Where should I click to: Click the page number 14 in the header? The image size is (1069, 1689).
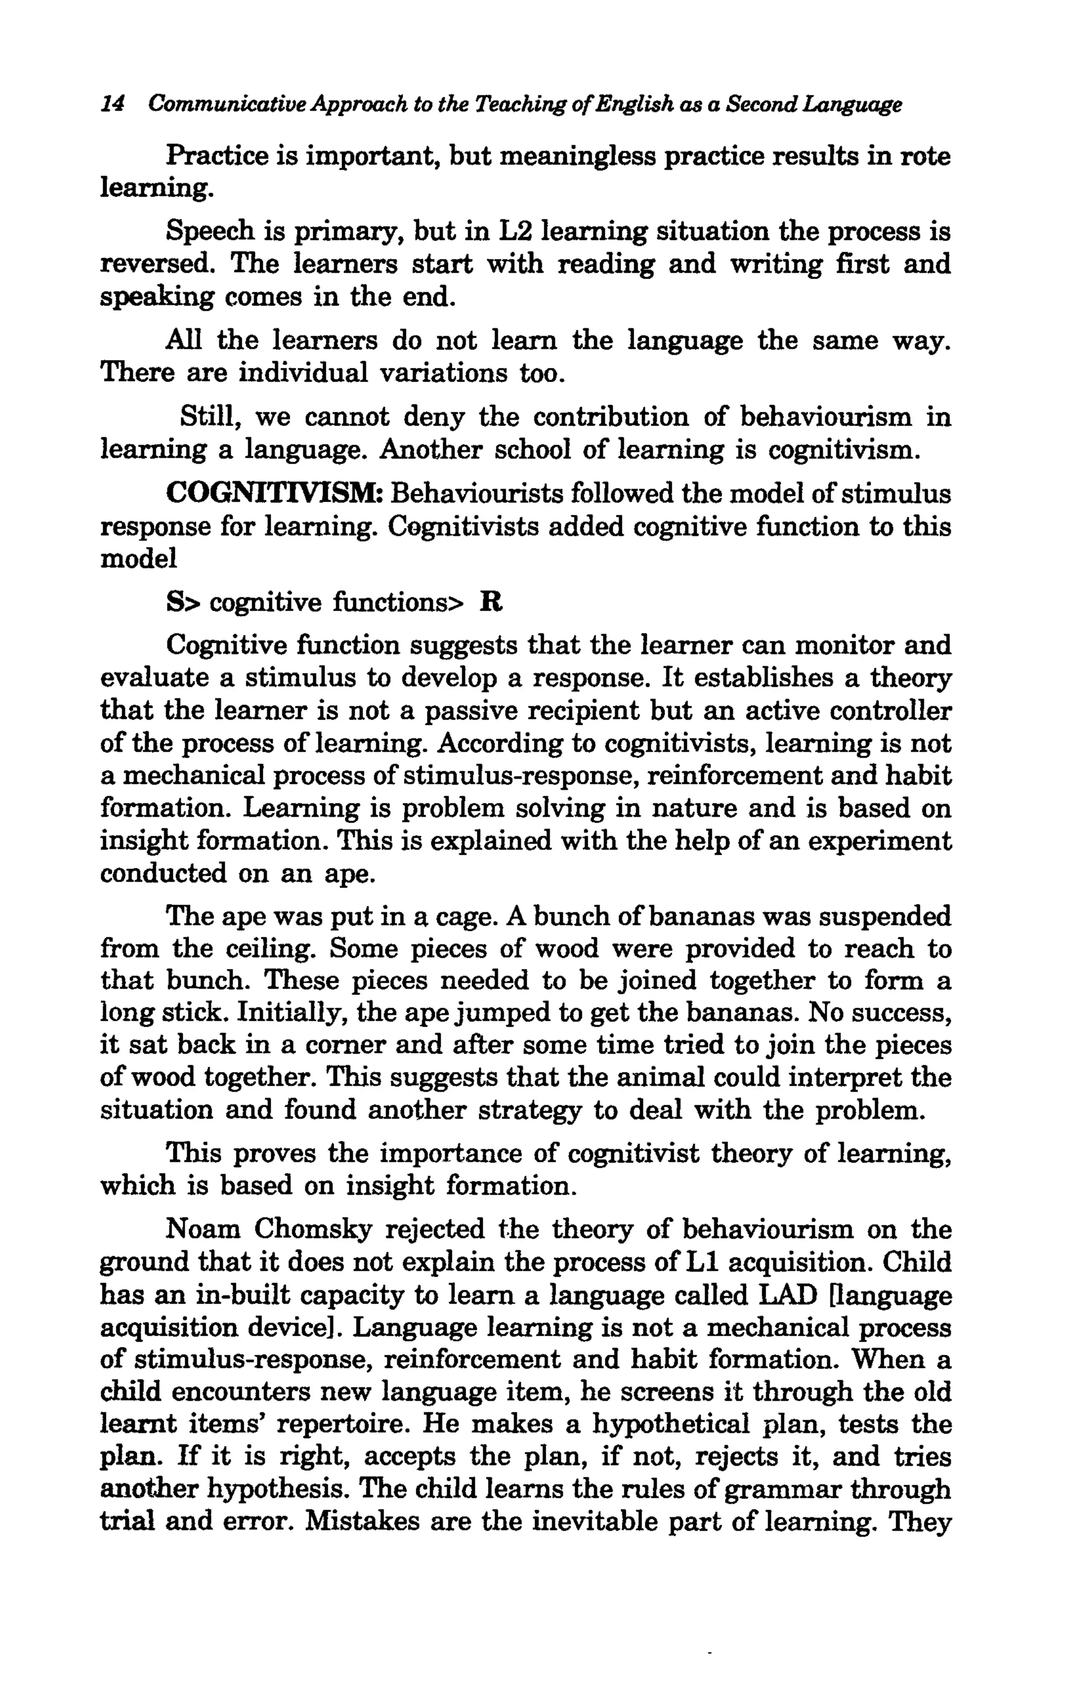pos(113,105)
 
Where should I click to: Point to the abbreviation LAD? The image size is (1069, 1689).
pos(790,1295)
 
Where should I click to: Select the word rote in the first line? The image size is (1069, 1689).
pos(925,156)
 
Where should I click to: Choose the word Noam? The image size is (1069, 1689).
pos(204,1230)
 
